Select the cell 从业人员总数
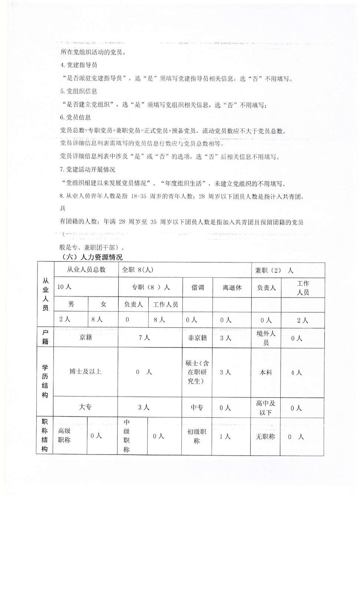coord(86,270)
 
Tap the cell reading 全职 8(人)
coord(138,270)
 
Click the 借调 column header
coord(197,288)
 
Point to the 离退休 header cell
coord(232,288)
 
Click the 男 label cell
coord(71,304)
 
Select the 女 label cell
coord(103,304)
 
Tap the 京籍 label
coord(86,337)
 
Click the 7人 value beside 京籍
coord(144,338)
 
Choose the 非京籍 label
coord(197,338)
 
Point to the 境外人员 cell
coord(266,338)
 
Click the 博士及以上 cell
coord(86,371)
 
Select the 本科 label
coord(265,372)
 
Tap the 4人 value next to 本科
coord(296,372)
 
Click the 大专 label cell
coord(85,407)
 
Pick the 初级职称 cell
coord(196,436)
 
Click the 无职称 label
coord(265,437)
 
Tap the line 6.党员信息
coord(75,117)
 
